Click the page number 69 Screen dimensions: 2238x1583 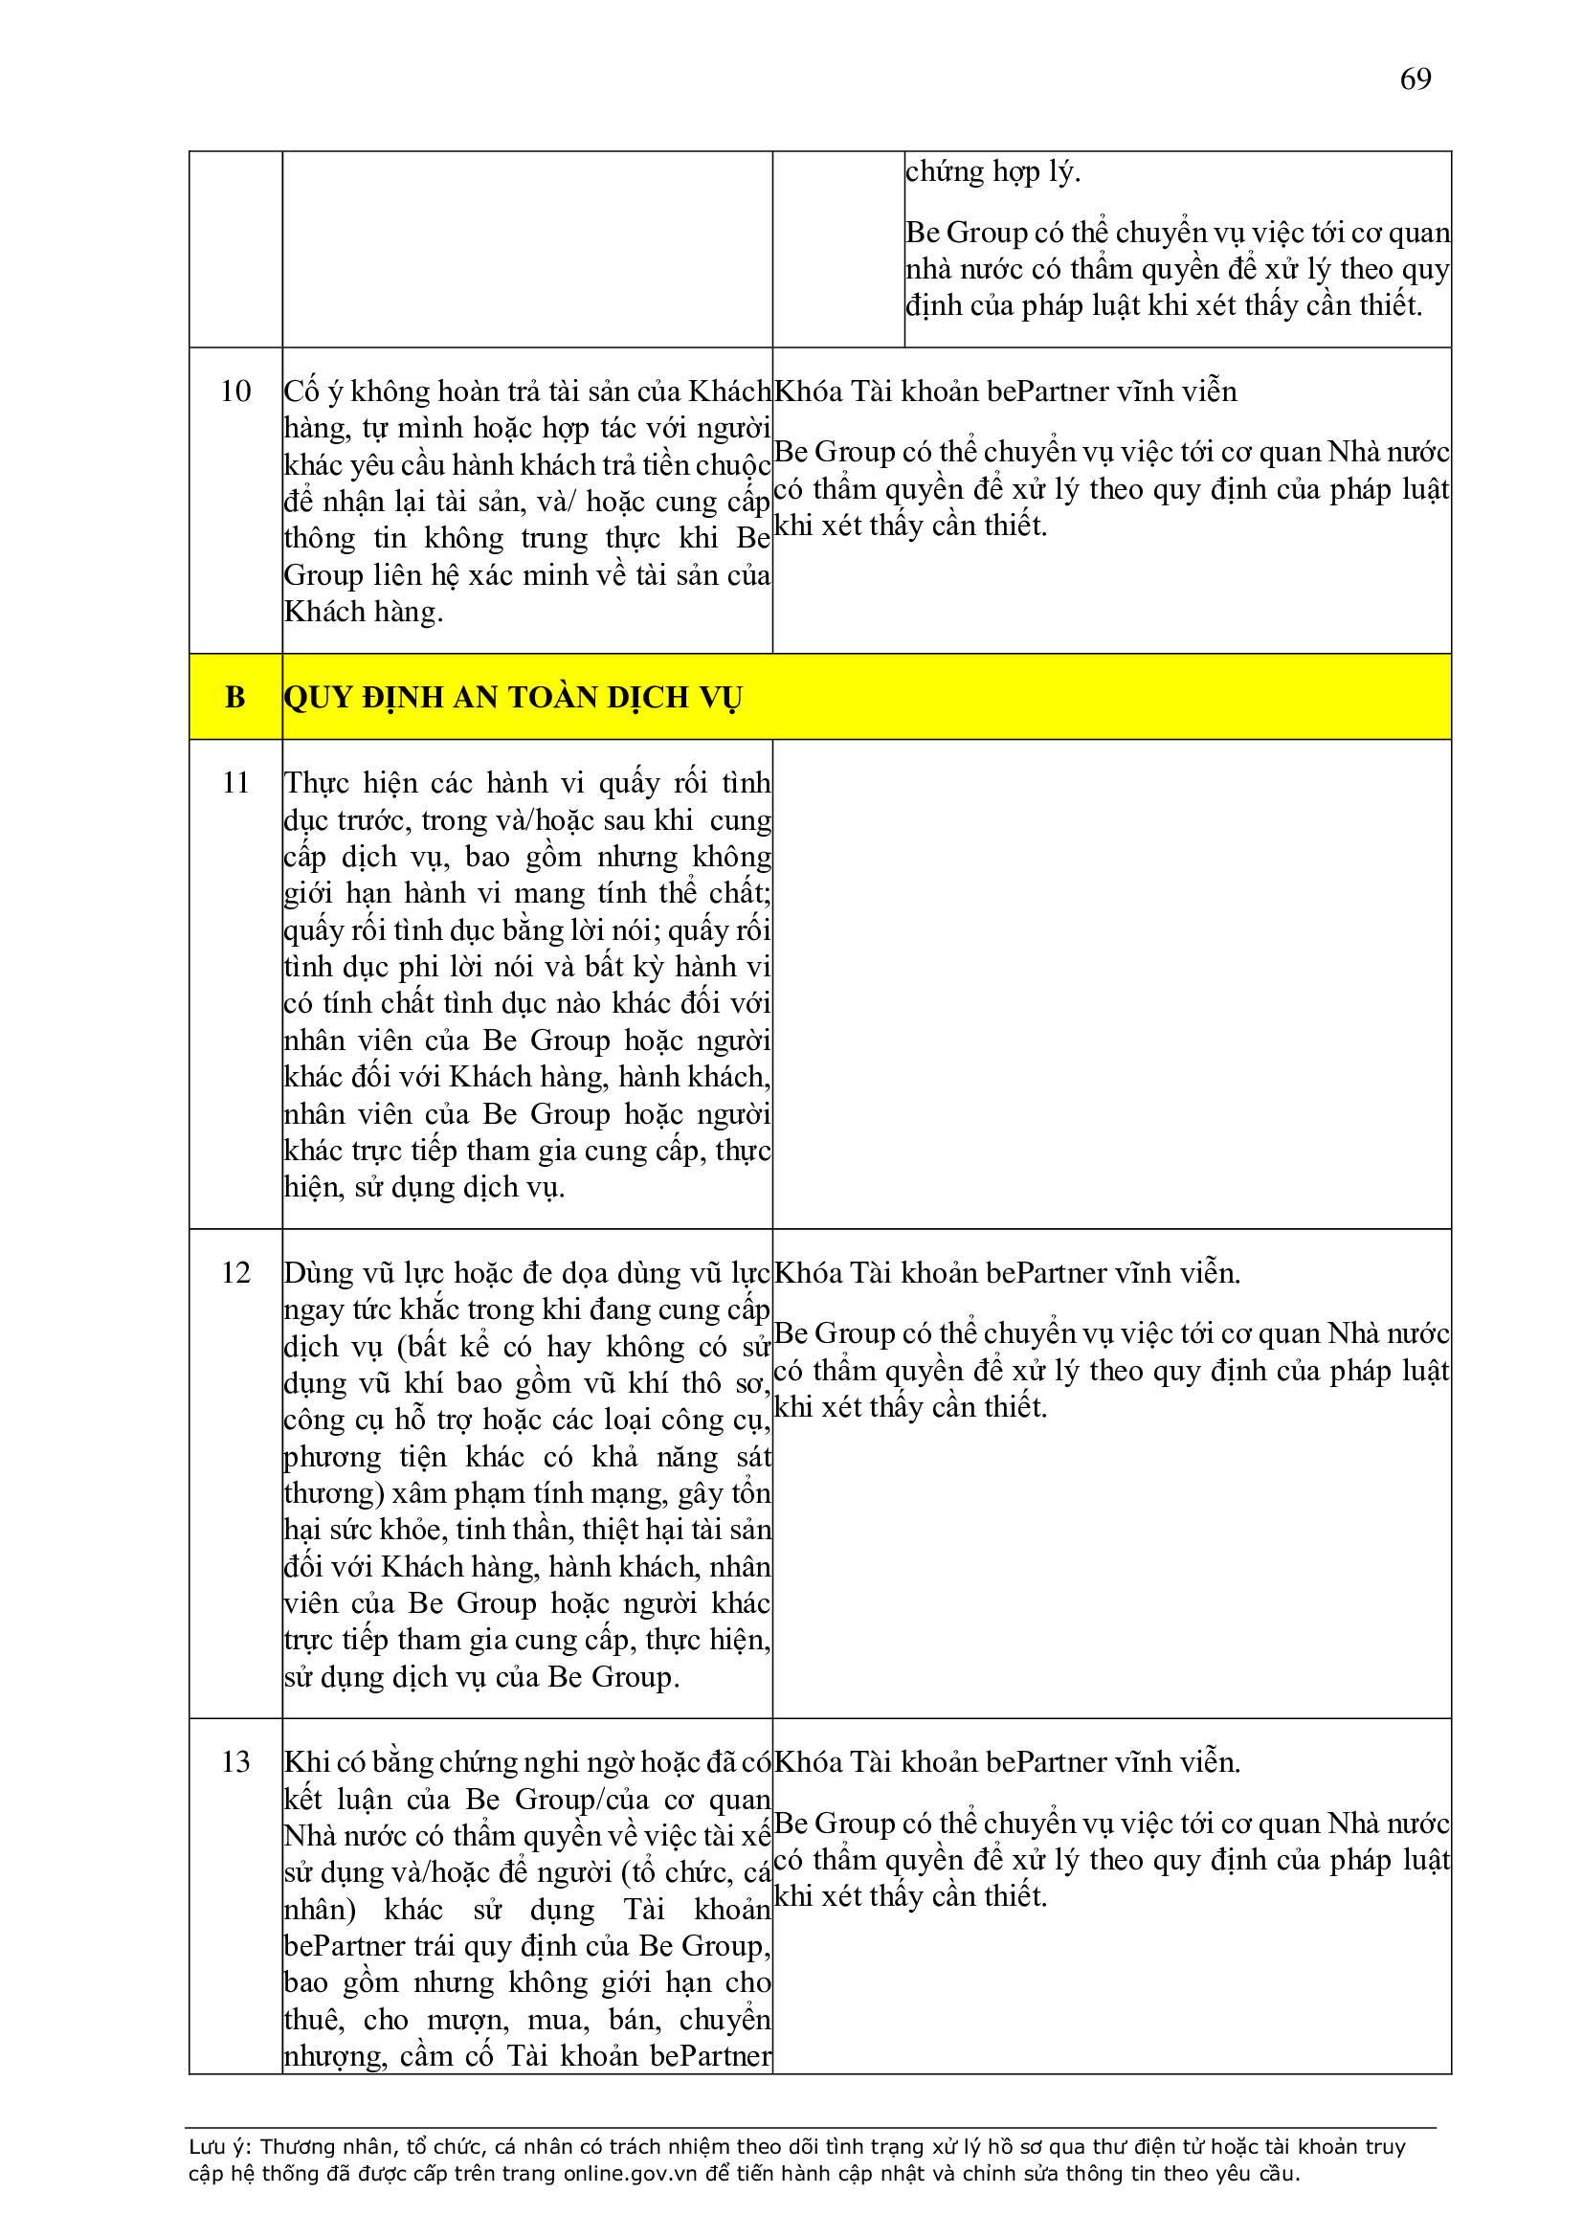click(x=1415, y=78)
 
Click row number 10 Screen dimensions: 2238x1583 click(x=234, y=391)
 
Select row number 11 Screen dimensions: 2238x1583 click(x=234, y=783)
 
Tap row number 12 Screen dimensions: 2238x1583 click(x=234, y=1272)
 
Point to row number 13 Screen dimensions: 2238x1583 click(x=234, y=1761)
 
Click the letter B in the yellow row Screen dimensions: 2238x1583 click(x=234, y=697)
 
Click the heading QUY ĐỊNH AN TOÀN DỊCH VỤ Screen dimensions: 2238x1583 click(x=513, y=697)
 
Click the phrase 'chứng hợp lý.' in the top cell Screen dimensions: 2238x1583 click(x=992, y=171)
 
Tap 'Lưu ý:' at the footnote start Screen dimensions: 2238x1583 click(x=219, y=2145)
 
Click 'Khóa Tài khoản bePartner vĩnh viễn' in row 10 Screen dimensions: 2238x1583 click(x=1005, y=391)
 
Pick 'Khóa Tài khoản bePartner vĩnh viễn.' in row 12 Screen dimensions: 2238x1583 click(x=1007, y=1272)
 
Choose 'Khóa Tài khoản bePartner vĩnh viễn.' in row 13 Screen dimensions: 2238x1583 click(x=1007, y=1761)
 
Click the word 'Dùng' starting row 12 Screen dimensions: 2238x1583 click(x=310, y=1273)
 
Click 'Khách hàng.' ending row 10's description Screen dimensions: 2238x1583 click(x=364, y=612)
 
